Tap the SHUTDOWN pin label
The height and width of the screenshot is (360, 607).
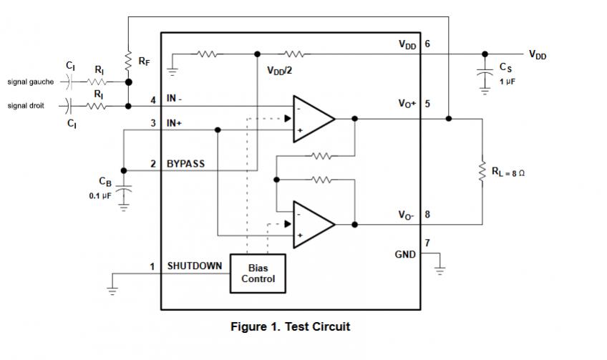tap(194, 266)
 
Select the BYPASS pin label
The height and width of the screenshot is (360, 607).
tap(185, 164)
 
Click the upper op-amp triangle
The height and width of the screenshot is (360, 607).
tap(312, 117)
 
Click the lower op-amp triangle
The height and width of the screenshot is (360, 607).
tap(312, 223)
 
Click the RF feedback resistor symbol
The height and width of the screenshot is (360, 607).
tap(128, 60)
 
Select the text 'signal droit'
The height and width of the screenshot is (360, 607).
tap(26, 106)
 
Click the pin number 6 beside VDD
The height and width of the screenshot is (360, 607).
tap(427, 44)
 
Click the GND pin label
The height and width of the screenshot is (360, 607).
tap(405, 253)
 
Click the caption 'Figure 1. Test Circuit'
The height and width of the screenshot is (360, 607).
tap(290, 326)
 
